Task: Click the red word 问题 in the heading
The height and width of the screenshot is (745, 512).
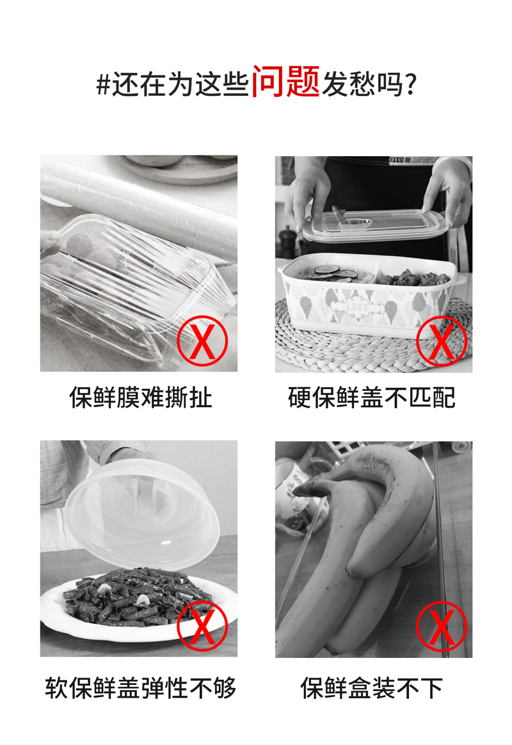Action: (x=285, y=82)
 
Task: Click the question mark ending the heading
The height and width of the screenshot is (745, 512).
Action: (x=412, y=84)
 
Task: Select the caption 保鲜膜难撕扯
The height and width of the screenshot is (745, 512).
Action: (x=141, y=397)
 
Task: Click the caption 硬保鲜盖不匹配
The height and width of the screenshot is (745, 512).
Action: (x=371, y=397)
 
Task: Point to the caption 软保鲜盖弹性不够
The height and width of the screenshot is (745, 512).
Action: (x=141, y=687)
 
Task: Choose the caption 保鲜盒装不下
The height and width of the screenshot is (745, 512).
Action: (x=371, y=687)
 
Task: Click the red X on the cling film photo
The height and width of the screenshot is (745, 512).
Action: (x=202, y=340)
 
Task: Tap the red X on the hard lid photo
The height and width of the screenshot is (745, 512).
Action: (x=442, y=340)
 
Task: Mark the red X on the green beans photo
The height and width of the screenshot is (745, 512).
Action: (x=202, y=626)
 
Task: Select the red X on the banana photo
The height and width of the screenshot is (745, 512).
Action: (x=442, y=626)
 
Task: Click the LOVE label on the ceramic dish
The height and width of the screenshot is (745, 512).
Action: (x=358, y=307)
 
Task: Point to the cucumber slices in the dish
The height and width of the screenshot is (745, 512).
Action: (x=332, y=272)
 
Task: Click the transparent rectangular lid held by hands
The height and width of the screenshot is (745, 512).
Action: (x=375, y=226)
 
